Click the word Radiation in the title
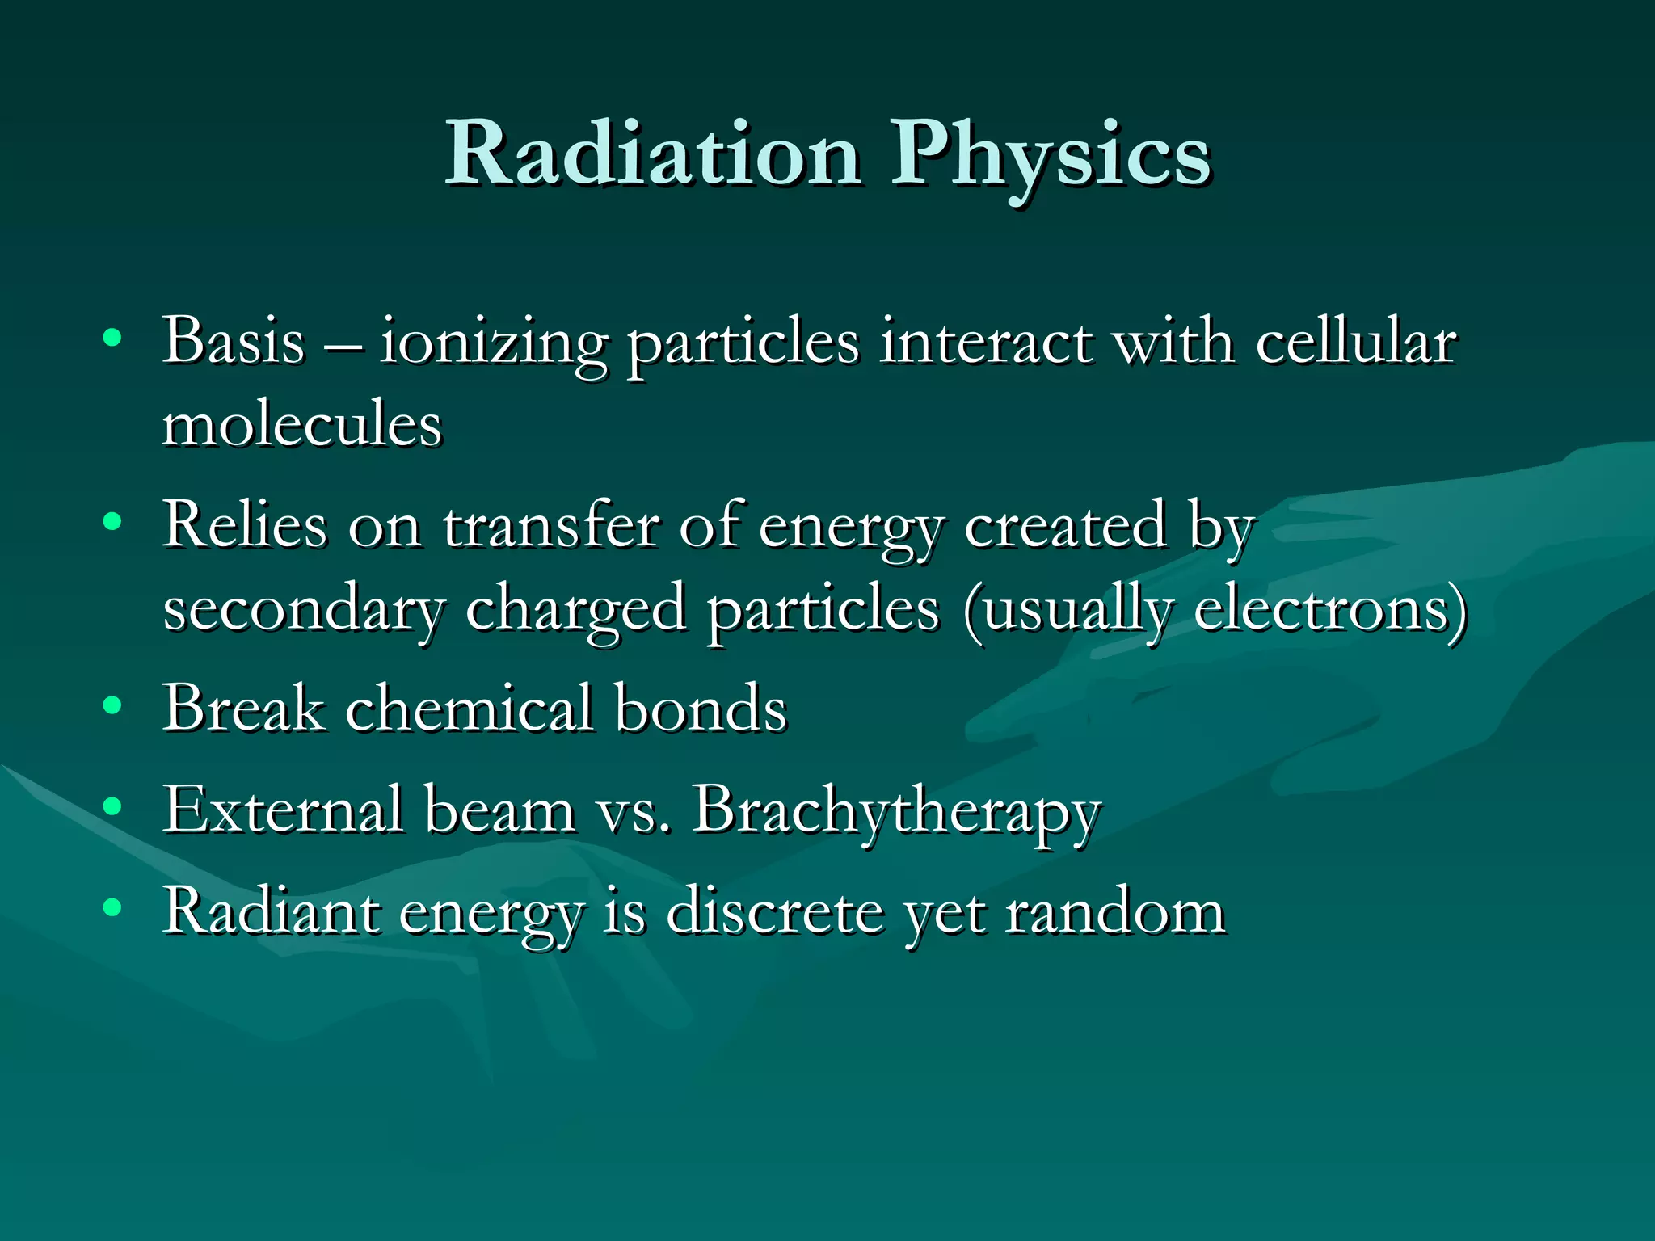[x=653, y=154]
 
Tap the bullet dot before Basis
[x=112, y=338]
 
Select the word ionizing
[x=493, y=344]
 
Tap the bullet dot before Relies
[x=112, y=522]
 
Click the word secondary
[x=304, y=611]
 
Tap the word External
[x=283, y=810]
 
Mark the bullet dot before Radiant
[x=112, y=907]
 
